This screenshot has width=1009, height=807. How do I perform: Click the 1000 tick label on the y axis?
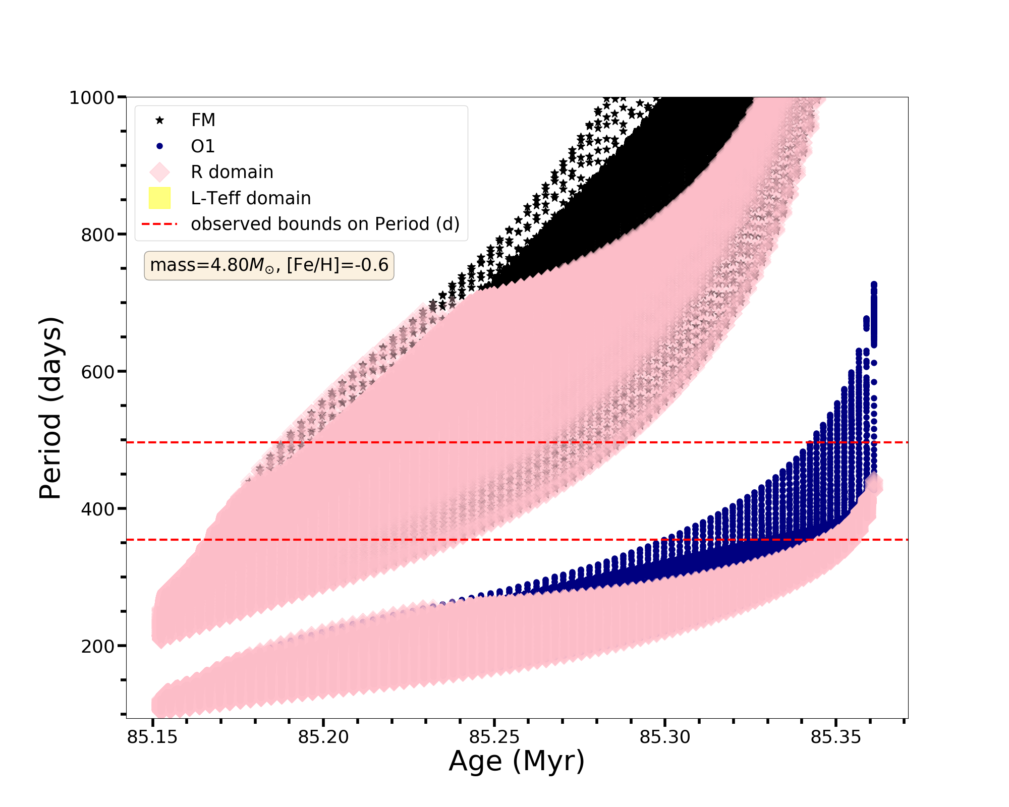pos(92,97)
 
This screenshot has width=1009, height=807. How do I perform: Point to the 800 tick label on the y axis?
pos(97,235)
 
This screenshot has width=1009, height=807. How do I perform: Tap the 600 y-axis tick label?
pos(97,372)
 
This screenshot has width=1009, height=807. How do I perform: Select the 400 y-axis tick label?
pos(97,509)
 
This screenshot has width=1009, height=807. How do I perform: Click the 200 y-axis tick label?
pos(97,646)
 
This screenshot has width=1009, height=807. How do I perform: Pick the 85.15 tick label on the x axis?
pos(152,737)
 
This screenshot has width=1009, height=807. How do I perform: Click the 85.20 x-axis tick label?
pos(323,737)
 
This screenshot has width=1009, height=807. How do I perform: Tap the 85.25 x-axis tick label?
pos(494,737)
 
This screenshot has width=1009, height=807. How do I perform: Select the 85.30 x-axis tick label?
pos(665,737)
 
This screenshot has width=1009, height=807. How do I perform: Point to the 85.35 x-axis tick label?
pos(836,737)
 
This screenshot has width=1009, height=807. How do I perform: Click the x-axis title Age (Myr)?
pos(517,761)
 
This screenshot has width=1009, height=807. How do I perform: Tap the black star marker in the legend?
pos(159,120)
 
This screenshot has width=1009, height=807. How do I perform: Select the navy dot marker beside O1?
pos(159,146)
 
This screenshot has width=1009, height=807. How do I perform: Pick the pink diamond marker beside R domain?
pos(159,172)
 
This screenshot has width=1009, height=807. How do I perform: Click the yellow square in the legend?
pos(159,198)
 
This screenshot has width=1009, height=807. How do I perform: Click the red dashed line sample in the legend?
pos(159,224)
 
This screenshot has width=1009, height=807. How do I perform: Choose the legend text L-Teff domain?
pos(251,198)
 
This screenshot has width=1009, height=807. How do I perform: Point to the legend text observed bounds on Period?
pos(325,224)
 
